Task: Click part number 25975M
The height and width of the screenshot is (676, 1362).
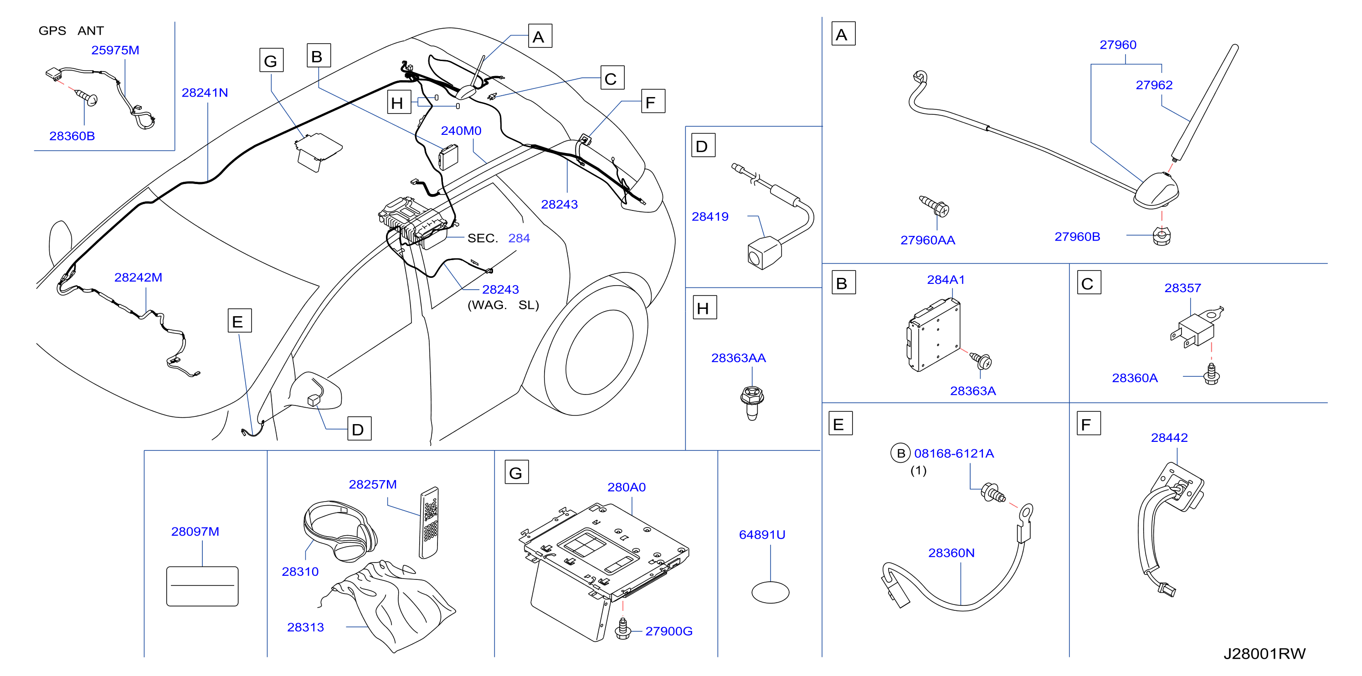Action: click(x=115, y=50)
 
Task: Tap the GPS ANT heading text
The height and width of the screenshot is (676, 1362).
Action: click(x=72, y=31)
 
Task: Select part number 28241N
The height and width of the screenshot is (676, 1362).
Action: click(x=205, y=92)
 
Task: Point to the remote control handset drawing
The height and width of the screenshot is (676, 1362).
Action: click(x=429, y=522)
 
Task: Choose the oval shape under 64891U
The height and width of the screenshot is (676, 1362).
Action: click(x=771, y=592)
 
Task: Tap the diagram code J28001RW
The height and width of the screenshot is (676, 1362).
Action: click(x=1264, y=654)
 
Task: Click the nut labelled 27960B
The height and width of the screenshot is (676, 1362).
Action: click(x=1162, y=236)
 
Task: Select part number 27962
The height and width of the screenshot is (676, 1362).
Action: click(x=1154, y=85)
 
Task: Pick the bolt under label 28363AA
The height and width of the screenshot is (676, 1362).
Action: click(x=752, y=403)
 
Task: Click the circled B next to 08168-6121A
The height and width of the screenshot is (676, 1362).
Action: click(x=900, y=454)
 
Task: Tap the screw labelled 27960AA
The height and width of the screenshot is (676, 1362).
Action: click(x=934, y=207)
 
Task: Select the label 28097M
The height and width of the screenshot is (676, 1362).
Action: click(x=195, y=532)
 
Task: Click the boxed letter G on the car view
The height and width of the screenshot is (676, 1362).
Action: click(x=271, y=60)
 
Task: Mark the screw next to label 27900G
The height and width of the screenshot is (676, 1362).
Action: click(x=623, y=629)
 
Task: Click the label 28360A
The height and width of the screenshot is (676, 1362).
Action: click(x=1135, y=378)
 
